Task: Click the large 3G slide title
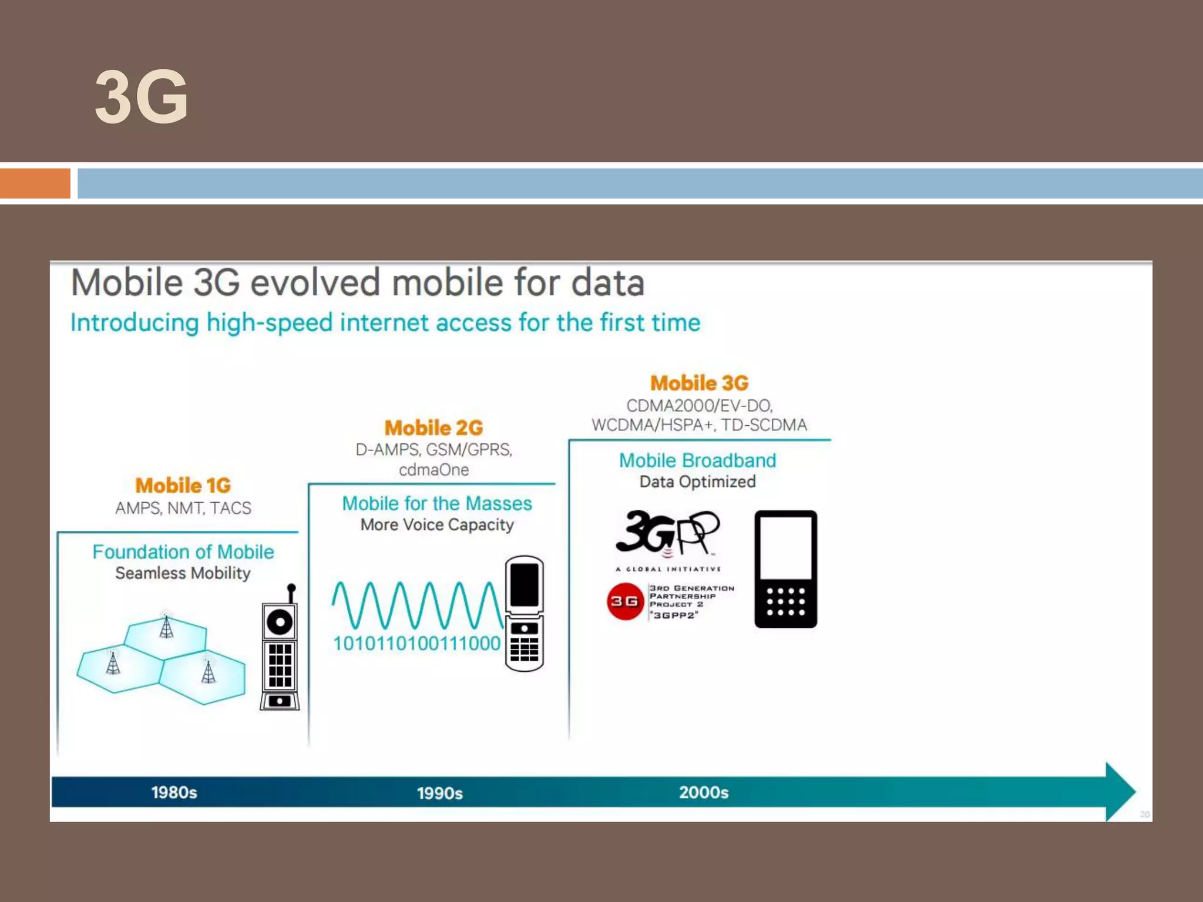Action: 142,97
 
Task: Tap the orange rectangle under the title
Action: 35,183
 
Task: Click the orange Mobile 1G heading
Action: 183,486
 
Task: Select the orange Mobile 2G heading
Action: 434,428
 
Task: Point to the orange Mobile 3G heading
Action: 699,383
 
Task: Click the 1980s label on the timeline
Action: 174,792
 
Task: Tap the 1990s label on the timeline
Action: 439,793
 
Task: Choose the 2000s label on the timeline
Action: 704,792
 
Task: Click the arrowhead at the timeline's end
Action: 1119,792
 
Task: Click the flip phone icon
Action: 524,614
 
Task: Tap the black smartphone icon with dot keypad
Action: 785,569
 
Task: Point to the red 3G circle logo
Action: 624,601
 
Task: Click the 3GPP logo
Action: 667,534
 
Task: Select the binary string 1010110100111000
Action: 416,644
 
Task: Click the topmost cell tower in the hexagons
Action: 167,627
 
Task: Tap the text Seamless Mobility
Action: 183,573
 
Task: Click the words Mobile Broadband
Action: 697,460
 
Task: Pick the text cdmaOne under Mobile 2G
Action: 434,470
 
